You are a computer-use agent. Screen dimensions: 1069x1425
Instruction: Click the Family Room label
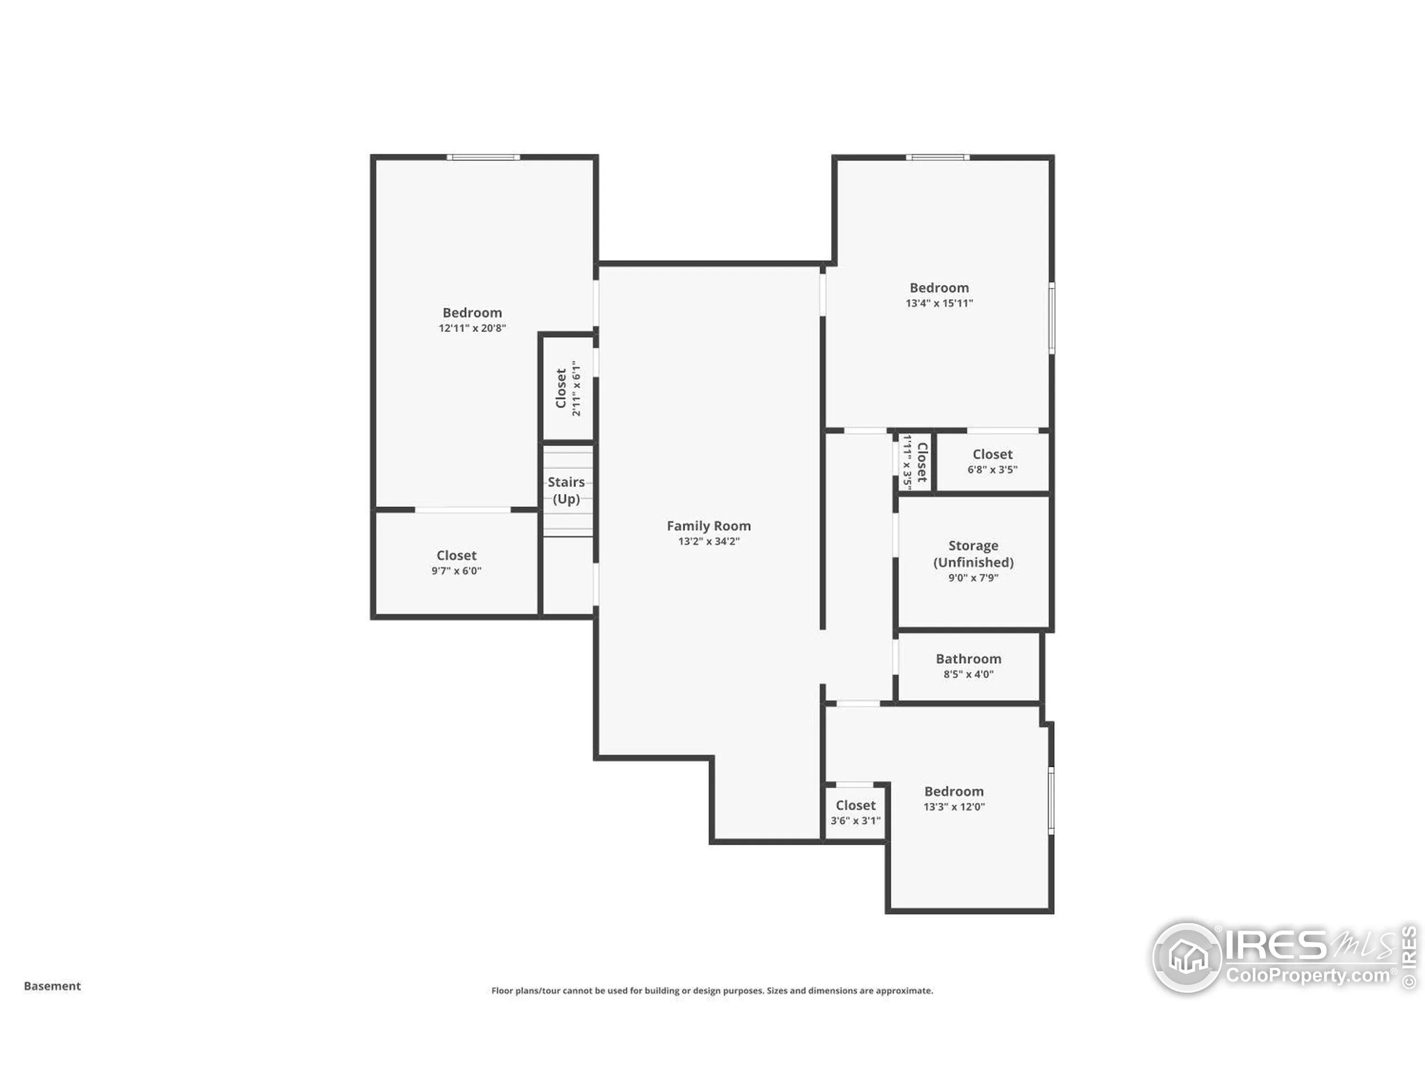709,526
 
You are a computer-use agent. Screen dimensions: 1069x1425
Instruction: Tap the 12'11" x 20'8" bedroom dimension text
472,328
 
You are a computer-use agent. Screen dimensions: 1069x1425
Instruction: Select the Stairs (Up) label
566,491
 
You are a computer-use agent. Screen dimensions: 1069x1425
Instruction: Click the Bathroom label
968,659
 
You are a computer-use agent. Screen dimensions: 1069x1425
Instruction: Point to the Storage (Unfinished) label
973,553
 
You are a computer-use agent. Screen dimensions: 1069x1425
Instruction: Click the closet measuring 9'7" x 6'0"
456,562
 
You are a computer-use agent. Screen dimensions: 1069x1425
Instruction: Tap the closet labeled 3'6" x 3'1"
856,812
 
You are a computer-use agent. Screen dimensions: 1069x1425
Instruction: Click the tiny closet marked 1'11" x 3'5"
915,462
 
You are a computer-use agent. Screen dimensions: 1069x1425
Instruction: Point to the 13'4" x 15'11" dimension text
938,303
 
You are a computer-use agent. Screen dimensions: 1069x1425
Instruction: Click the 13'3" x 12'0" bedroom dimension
954,807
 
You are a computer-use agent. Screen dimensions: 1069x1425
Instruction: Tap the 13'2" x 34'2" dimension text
709,541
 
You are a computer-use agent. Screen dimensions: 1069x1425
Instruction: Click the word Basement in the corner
52,986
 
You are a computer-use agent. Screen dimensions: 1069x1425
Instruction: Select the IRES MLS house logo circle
1187,957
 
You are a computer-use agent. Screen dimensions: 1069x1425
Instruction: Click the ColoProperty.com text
1308,975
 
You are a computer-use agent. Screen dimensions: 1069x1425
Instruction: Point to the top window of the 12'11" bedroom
484,157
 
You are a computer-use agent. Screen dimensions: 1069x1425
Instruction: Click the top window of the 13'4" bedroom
938,157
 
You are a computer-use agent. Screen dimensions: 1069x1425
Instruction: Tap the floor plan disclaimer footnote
712,990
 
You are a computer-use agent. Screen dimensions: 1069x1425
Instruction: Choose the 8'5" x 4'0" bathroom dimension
968,674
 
